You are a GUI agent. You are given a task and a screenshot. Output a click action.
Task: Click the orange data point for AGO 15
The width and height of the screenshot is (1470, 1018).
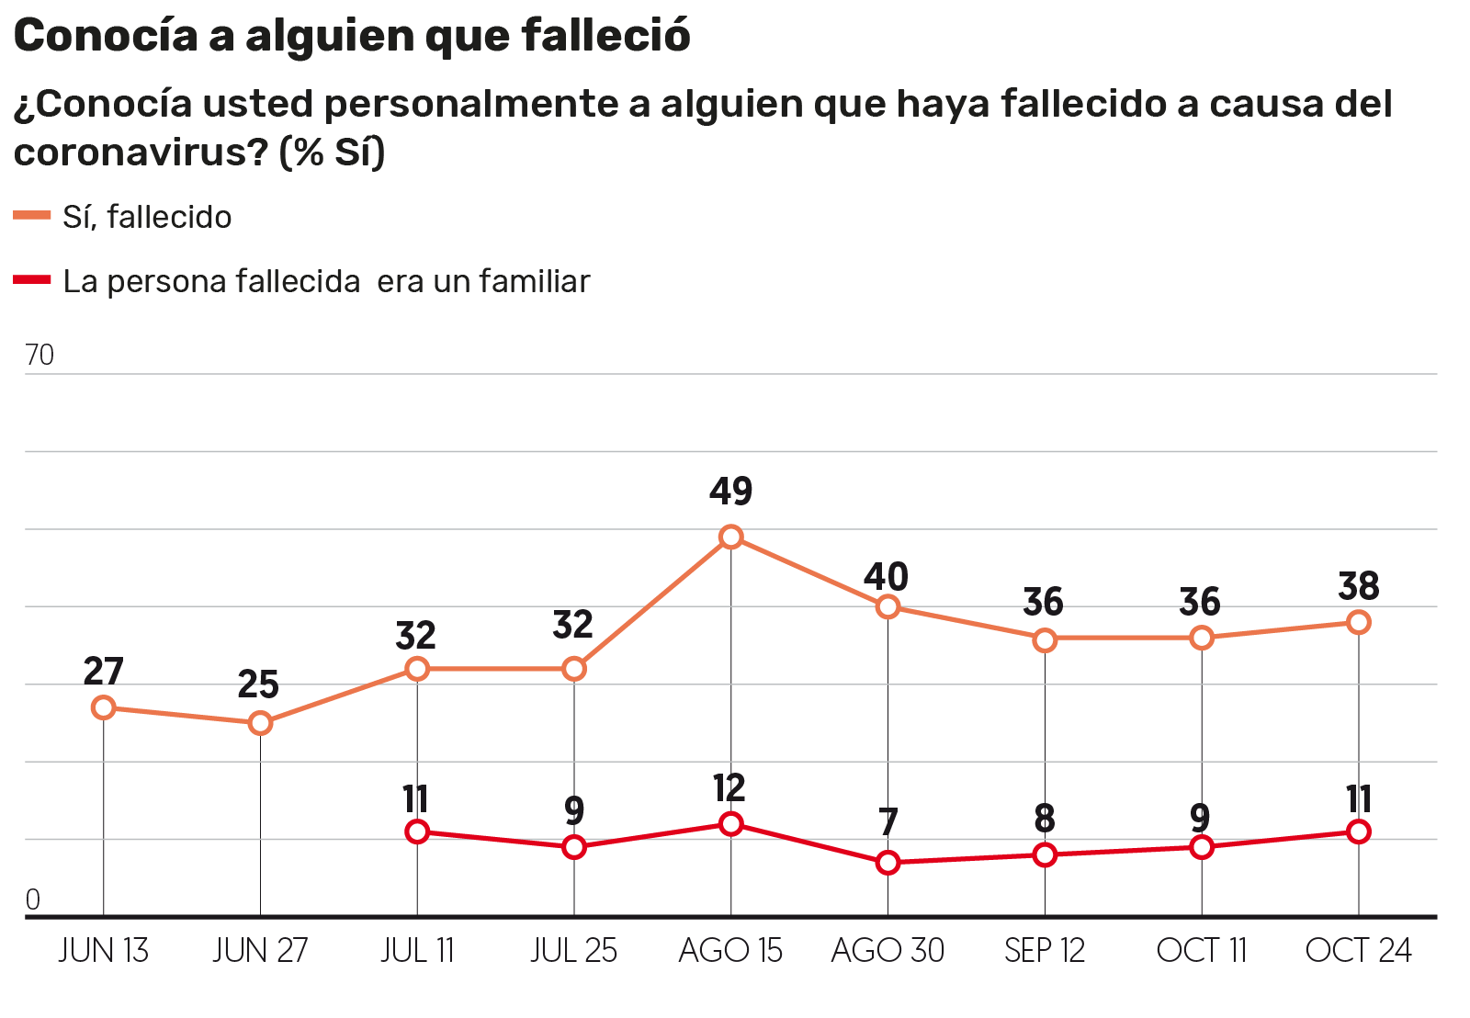(x=730, y=537)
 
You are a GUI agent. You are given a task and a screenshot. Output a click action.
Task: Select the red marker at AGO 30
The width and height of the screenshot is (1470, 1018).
(x=888, y=863)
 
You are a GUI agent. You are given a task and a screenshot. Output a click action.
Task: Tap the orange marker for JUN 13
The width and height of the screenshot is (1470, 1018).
(x=104, y=707)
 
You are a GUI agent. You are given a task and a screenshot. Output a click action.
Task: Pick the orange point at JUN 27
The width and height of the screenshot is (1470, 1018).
(x=260, y=723)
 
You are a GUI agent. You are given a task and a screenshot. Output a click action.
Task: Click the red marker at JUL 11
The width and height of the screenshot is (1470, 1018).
(x=417, y=832)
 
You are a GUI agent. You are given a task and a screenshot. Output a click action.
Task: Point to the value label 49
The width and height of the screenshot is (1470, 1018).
(x=730, y=492)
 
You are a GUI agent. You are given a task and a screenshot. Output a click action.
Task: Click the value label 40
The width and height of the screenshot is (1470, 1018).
(x=887, y=577)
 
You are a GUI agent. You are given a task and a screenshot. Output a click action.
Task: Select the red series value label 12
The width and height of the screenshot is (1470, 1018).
(x=729, y=788)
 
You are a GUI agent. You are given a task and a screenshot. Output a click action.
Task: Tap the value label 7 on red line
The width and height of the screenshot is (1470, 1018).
(x=888, y=821)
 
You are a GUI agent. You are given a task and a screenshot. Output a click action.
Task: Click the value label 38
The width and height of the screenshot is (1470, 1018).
(x=1359, y=586)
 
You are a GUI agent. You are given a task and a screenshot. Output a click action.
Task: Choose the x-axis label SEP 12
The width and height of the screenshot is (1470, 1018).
(x=1045, y=950)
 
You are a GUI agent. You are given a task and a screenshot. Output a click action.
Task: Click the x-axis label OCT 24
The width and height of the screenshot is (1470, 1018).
(x=1358, y=950)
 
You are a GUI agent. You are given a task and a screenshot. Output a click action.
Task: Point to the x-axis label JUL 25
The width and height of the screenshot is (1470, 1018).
(x=573, y=950)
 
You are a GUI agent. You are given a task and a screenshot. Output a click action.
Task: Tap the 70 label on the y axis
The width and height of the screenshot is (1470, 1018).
(x=40, y=355)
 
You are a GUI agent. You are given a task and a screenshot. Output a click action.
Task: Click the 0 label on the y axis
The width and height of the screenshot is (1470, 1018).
(x=33, y=899)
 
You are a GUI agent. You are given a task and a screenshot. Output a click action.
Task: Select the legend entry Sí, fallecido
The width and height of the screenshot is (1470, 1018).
(x=147, y=217)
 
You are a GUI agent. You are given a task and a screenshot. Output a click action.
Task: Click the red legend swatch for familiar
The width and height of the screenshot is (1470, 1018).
(x=32, y=279)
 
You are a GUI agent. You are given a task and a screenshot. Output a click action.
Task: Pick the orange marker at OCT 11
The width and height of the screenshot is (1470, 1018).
(x=1202, y=638)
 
